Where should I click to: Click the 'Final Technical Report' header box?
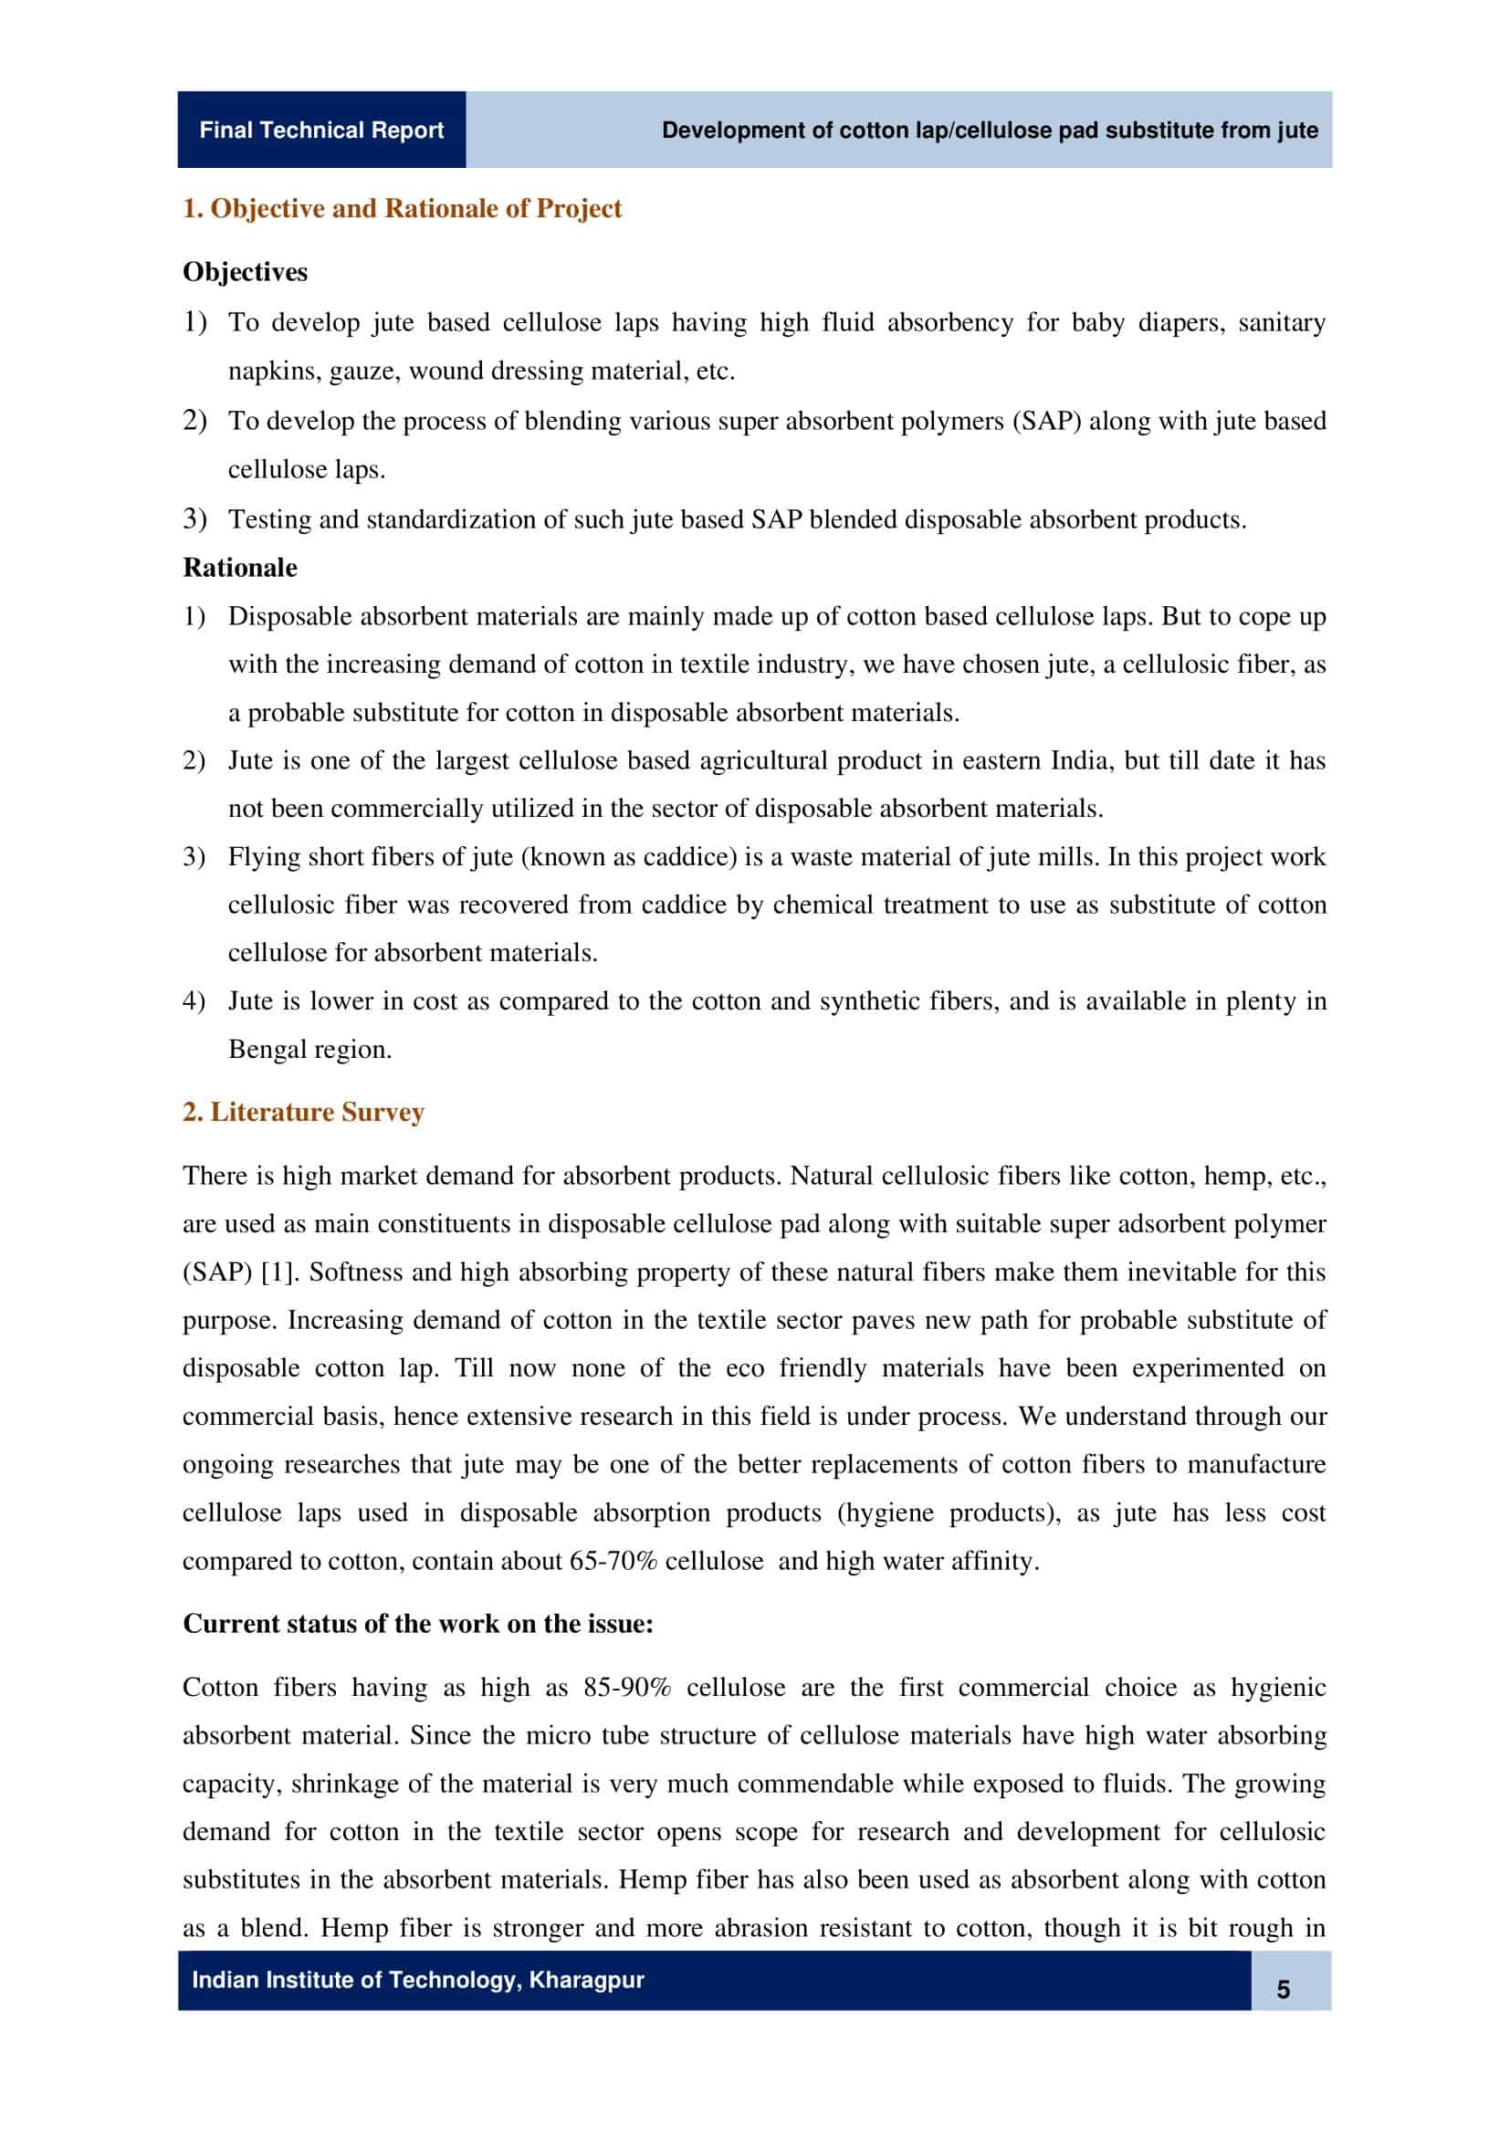click(320, 130)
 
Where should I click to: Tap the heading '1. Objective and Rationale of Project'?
click(402, 208)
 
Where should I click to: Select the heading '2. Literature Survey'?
click(303, 1112)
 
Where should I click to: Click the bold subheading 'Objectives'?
click(245, 271)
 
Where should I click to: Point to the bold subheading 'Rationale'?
click(240, 567)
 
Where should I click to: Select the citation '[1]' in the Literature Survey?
click(278, 1272)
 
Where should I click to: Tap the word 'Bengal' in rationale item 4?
click(263, 1050)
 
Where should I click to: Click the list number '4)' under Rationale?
click(194, 1001)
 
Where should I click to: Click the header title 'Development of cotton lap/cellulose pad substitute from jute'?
click(990, 131)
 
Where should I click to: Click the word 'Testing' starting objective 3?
click(269, 518)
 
